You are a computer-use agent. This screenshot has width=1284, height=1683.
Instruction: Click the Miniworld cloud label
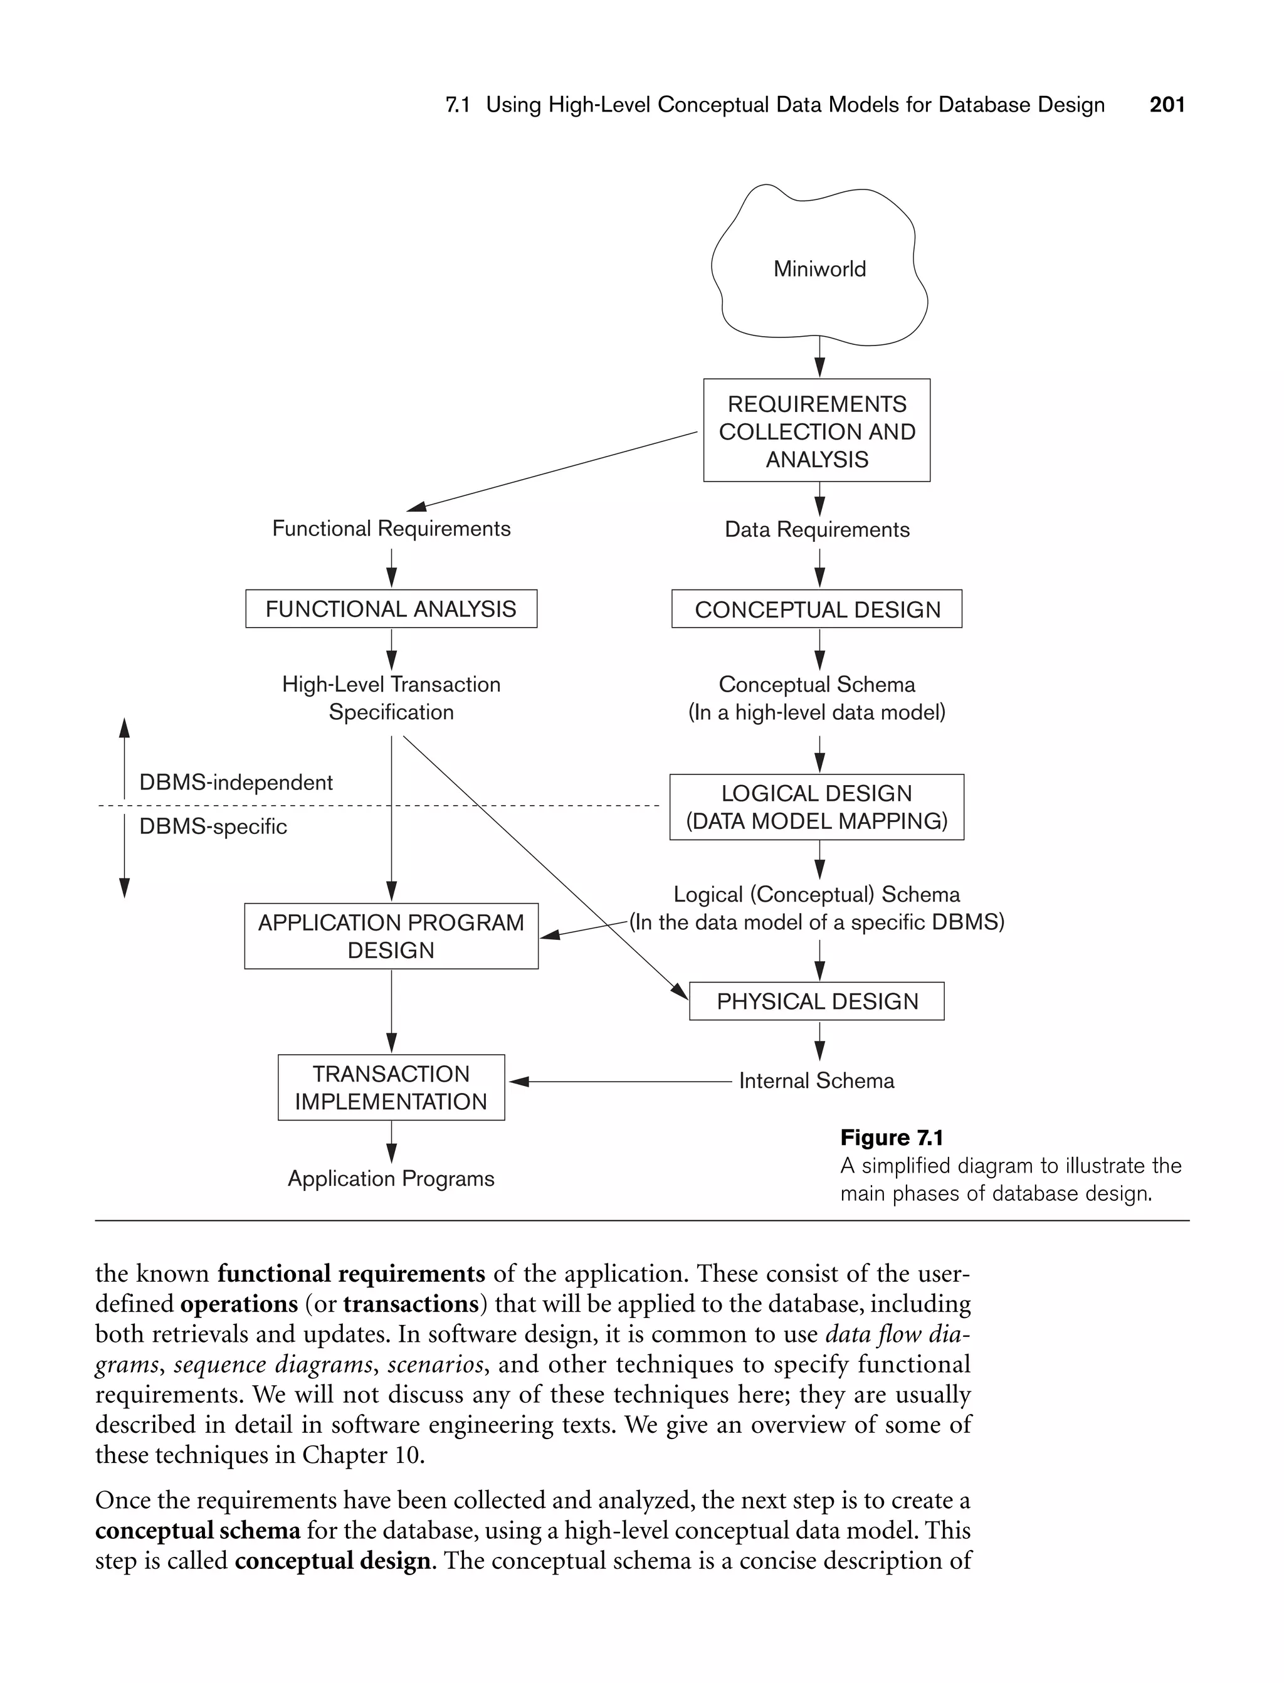tap(819, 269)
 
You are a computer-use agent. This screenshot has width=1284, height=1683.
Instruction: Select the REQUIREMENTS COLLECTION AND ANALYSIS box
tap(816, 431)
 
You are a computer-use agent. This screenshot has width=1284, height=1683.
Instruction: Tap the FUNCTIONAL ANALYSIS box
tap(391, 609)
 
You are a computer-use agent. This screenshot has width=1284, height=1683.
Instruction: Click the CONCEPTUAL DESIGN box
tap(816, 609)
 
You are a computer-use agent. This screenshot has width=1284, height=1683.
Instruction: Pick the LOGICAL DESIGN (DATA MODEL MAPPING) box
tap(816, 807)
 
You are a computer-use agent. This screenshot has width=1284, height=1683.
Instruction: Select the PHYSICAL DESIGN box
tap(816, 1001)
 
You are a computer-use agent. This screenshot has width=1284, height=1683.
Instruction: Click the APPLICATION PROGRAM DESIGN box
tap(391, 936)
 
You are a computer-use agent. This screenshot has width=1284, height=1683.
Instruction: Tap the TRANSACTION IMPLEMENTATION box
tap(391, 1087)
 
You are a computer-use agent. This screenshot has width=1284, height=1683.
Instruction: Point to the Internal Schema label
tap(816, 1081)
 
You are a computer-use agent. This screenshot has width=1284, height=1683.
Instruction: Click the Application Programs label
tap(391, 1179)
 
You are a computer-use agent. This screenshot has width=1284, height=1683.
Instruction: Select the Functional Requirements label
tap(391, 529)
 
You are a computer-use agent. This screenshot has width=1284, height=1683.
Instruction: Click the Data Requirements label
tap(816, 530)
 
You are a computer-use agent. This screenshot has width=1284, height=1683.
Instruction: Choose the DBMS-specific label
tap(213, 827)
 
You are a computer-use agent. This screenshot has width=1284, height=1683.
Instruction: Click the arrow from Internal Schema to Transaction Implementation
tap(619, 1082)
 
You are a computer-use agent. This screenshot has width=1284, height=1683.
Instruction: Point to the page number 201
tap(1167, 105)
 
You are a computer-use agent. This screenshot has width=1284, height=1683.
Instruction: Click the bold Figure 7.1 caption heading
tap(891, 1138)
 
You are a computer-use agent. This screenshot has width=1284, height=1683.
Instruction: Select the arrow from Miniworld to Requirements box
tap(819, 357)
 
